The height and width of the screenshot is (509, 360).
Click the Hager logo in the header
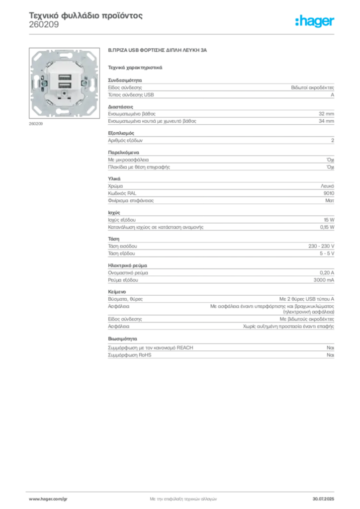[314, 21]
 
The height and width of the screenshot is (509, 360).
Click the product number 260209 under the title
[44, 25]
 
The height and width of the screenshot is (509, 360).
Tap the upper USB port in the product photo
[65, 78]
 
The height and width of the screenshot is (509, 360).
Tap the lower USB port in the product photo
[65, 85]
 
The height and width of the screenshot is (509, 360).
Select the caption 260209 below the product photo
[36, 124]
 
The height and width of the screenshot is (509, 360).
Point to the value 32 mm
[326, 114]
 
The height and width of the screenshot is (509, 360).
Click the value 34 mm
[326, 121]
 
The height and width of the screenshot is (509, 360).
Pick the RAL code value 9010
[329, 193]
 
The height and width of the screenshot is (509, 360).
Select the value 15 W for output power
[329, 220]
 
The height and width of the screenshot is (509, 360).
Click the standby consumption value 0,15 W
[327, 227]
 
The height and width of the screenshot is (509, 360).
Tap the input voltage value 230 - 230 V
[321, 246]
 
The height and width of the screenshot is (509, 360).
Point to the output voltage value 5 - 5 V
[327, 254]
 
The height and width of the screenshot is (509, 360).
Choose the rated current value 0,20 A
[327, 273]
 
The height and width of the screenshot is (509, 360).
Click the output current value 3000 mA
[324, 280]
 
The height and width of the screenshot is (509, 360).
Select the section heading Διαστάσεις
[120, 107]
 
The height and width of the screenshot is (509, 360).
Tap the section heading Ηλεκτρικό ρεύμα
[127, 265]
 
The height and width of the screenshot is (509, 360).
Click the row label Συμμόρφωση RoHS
[129, 355]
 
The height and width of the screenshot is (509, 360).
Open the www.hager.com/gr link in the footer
[48, 499]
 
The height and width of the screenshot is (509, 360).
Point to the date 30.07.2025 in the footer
[323, 499]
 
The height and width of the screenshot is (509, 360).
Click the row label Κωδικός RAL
[122, 193]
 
